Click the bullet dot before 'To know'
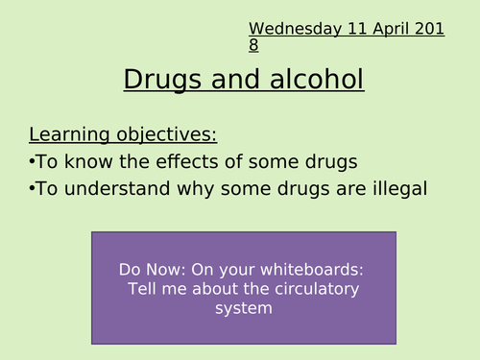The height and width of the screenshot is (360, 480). click(x=33, y=160)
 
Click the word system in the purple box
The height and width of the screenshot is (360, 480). click(x=244, y=308)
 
